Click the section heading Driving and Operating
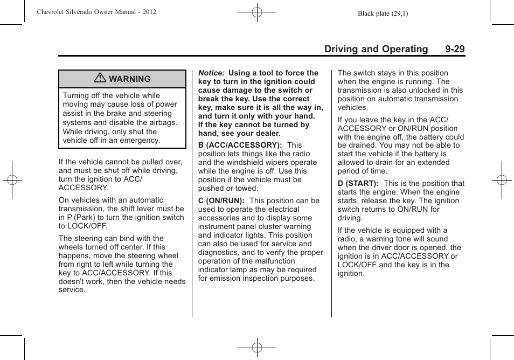[x=376, y=49]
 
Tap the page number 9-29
[x=455, y=49]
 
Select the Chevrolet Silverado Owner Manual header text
[x=96, y=12]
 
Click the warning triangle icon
[x=100, y=79]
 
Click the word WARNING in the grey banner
[x=130, y=79]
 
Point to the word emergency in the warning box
[x=142, y=140]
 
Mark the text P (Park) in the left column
[x=82, y=218]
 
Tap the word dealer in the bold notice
[x=267, y=134]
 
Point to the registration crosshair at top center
[x=257, y=11]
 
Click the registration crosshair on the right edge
[x=501, y=180]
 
